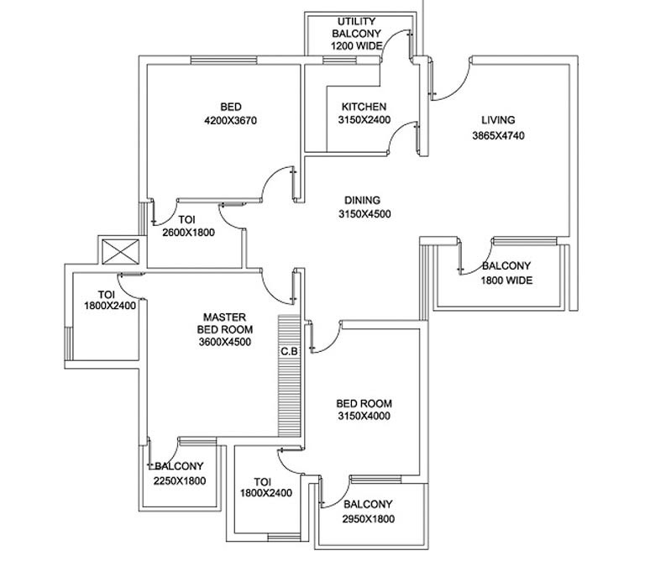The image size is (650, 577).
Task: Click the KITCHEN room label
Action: click(364, 107)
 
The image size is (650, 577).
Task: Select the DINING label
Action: click(362, 200)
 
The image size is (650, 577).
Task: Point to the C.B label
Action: click(290, 350)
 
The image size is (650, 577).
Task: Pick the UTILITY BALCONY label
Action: click(356, 27)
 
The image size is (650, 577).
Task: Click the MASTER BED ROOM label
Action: click(224, 323)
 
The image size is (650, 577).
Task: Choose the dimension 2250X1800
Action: click(180, 481)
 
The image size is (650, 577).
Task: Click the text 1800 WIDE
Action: click(506, 281)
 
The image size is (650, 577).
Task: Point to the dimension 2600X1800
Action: click(187, 233)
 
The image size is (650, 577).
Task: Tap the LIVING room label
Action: click(498, 120)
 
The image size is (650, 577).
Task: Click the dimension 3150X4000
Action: click(364, 416)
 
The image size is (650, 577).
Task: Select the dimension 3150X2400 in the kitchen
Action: click(364, 121)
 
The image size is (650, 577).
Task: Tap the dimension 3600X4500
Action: click(224, 342)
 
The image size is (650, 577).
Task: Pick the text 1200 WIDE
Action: click(356, 45)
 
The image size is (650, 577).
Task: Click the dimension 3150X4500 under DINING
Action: click(362, 214)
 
